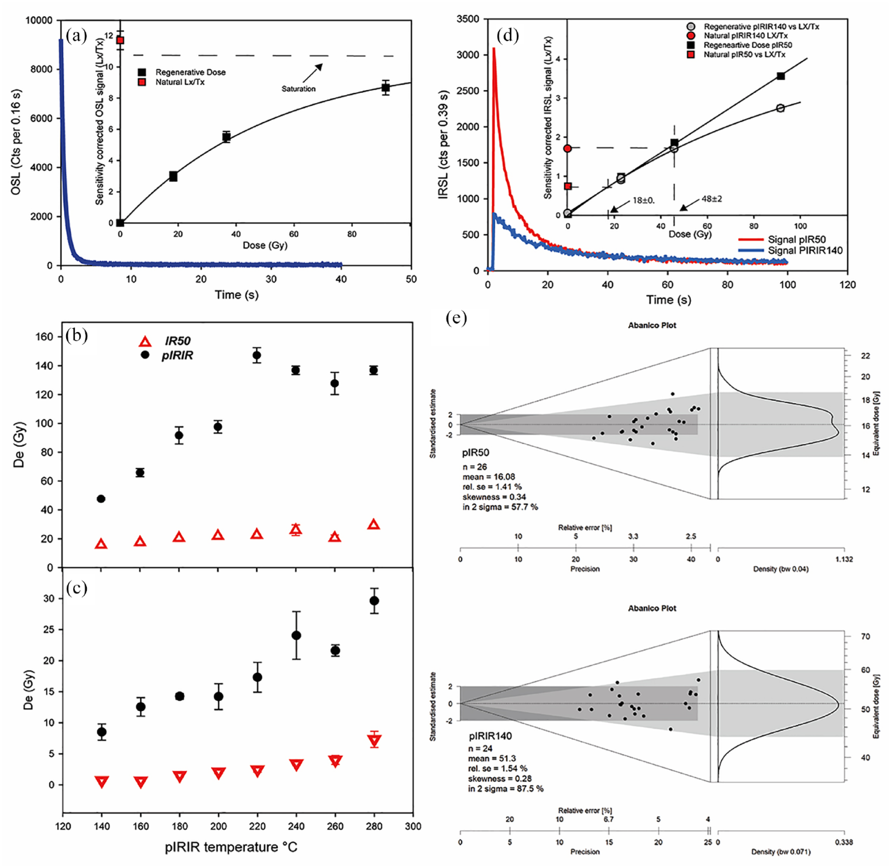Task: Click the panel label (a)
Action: click(76, 35)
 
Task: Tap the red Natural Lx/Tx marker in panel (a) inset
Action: click(120, 40)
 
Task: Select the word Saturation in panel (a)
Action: click(298, 89)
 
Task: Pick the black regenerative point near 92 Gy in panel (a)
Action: click(386, 88)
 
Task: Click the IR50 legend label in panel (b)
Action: click(177, 341)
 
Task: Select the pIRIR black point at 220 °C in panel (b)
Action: click(257, 355)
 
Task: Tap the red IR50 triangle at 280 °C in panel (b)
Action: click(374, 524)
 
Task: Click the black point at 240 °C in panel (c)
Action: click(297, 635)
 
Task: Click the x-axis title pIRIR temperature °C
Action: click(231, 847)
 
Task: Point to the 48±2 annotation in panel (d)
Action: click(711, 199)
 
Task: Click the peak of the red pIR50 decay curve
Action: click(494, 48)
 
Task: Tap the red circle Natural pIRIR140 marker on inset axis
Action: click(568, 148)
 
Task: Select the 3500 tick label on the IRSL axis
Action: click(467, 19)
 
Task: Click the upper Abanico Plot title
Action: click(652, 325)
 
